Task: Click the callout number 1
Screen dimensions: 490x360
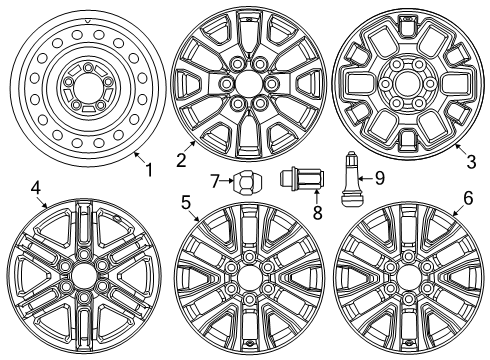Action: tap(149, 170)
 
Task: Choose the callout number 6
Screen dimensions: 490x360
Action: tap(467, 199)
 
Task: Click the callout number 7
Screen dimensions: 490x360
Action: tap(215, 180)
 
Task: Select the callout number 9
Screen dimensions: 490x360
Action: tap(377, 179)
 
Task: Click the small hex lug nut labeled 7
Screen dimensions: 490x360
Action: tap(245, 183)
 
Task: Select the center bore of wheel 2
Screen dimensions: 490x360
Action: tap(245, 87)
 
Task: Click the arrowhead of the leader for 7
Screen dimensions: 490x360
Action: tap(230, 181)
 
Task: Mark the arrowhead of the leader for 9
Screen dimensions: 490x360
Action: tap(362, 179)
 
